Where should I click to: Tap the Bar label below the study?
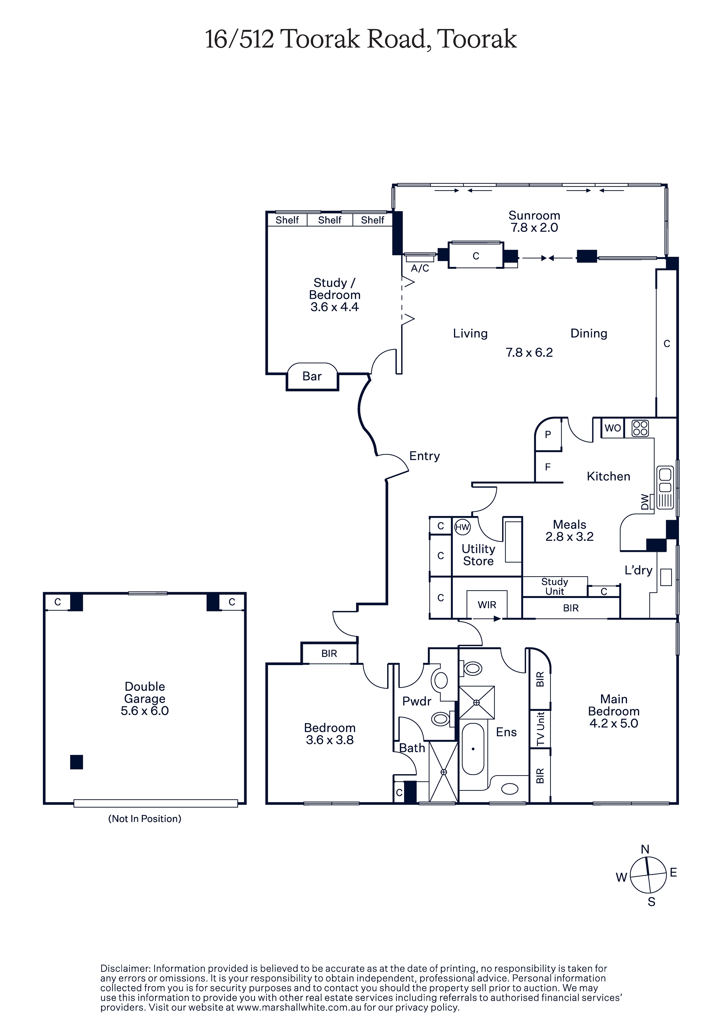312,377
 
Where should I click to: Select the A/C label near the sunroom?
420,268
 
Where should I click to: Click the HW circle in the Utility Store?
462,527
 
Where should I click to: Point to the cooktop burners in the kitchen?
640,428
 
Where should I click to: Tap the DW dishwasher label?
645,502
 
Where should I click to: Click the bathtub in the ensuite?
473,749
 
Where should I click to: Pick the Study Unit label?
555,586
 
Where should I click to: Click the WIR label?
487,605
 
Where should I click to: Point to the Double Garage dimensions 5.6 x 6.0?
145,711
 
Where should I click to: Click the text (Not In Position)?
145,819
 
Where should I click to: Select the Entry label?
424,456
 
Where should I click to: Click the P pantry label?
548,434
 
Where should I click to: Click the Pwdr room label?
417,701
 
